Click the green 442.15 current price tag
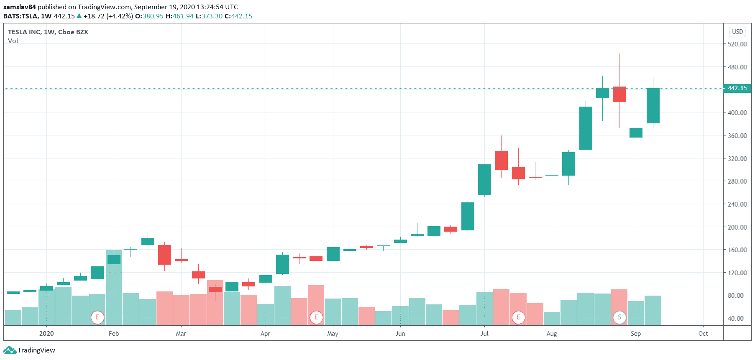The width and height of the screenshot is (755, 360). [737, 88]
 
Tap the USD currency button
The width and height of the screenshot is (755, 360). [737, 32]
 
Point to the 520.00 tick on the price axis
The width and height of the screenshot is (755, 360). [737, 44]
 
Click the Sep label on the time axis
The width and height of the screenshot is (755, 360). [635, 333]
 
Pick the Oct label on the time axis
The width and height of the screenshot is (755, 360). [703, 333]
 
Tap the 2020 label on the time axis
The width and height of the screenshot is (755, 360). [46, 333]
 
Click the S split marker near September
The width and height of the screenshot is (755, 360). [619, 317]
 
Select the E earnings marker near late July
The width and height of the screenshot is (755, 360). [518, 317]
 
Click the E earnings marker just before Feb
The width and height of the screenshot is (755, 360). [97, 317]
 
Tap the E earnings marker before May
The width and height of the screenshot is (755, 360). [316, 317]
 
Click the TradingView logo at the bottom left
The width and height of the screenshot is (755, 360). [29, 350]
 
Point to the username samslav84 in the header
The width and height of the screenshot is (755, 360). [20, 7]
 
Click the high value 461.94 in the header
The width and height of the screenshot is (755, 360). [183, 16]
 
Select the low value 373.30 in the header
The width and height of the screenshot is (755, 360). [212, 16]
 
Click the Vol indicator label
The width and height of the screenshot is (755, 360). [13, 41]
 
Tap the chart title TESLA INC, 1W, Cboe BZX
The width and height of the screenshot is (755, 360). [48, 32]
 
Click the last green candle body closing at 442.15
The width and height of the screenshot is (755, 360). [653, 105]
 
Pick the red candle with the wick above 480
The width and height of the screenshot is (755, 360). [619, 94]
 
